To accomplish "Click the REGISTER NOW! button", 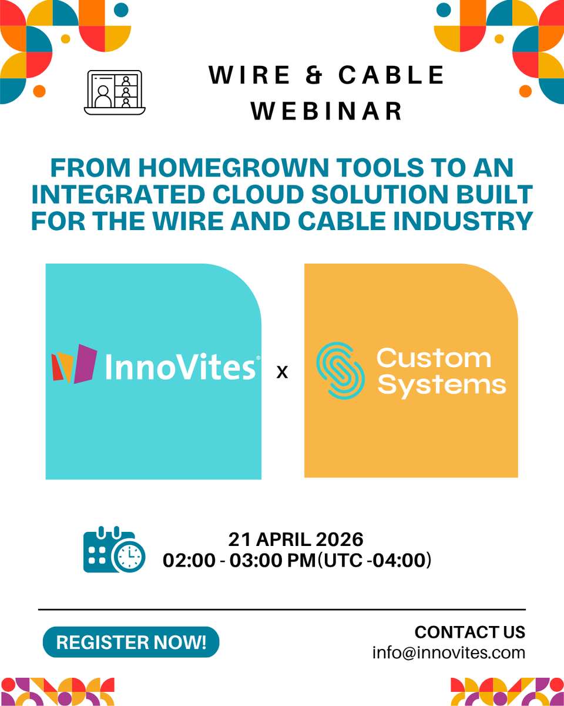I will (131, 642).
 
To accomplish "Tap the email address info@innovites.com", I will (448, 652).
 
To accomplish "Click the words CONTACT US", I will (469, 632).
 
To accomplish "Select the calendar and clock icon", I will (114, 550).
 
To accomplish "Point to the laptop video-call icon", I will (115, 92).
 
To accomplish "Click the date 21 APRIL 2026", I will (296, 539).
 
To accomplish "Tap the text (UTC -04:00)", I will (374, 560).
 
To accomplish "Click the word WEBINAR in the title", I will (327, 111).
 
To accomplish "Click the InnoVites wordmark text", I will (180, 367).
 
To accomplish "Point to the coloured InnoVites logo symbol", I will (74, 364).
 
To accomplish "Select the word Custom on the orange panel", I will (434, 358).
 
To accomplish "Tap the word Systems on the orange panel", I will (441, 385).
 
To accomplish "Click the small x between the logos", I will (282, 372).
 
